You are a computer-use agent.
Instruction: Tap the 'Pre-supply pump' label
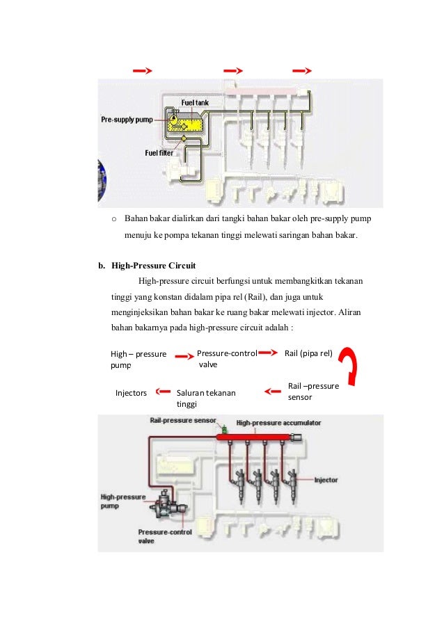(x=127, y=120)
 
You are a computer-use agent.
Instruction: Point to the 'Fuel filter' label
(x=161, y=152)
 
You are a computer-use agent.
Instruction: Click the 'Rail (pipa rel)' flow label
(x=308, y=353)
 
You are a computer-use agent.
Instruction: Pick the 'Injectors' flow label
(x=131, y=393)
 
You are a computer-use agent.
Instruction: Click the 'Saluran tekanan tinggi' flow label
(x=206, y=398)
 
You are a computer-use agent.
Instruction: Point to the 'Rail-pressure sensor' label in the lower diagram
(x=182, y=421)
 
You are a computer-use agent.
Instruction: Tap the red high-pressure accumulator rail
(x=257, y=437)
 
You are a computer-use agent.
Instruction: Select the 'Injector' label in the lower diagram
(x=326, y=480)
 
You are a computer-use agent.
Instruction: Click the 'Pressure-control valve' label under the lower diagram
(x=164, y=536)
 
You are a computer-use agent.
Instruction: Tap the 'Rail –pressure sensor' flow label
(x=312, y=392)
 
